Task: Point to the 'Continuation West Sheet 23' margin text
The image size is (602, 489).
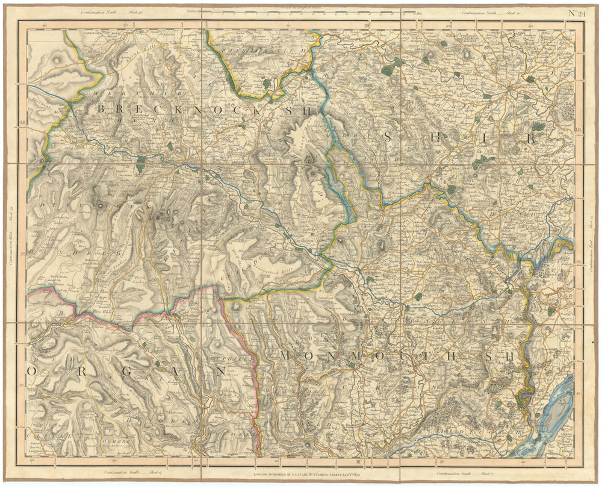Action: click(x=11, y=241)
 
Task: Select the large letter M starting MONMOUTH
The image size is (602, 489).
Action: click(x=286, y=355)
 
